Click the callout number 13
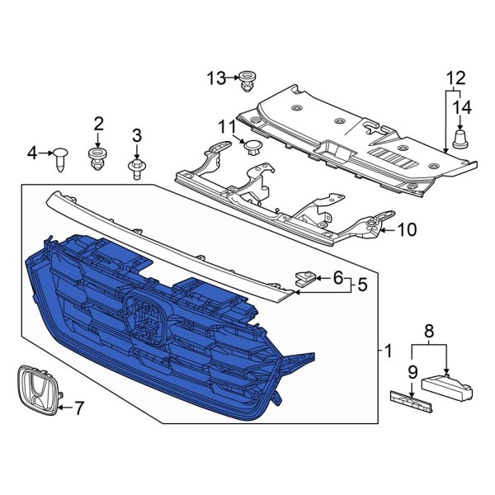point(216,78)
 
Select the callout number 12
point(456,78)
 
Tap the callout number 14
point(462,107)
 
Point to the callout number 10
point(408,229)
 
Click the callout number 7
point(78,408)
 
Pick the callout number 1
point(388,351)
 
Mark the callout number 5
point(363,285)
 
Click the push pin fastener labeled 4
point(60,160)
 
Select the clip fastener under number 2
point(97,159)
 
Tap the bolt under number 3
point(136,169)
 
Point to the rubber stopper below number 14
point(461,139)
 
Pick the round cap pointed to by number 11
point(253,148)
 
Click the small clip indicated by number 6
point(305,279)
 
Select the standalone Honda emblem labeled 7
point(39,391)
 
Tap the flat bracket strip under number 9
point(411,401)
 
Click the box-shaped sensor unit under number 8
point(446,387)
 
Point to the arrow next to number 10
point(389,230)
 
